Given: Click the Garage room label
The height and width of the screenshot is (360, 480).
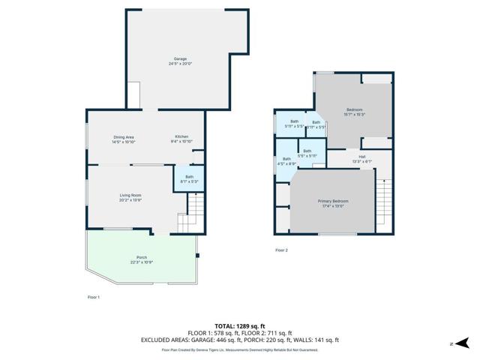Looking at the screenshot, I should [x=180, y=61].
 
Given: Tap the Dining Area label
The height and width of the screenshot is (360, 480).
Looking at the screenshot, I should [x=123, y=139].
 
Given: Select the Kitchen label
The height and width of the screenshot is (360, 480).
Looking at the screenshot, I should [x=182, y=139].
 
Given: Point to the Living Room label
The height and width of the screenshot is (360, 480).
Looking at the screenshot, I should [x=130, y=197].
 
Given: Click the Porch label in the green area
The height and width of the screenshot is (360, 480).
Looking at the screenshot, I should [x=142, y=259].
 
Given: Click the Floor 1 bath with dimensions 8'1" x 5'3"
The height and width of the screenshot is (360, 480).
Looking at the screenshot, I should [x=189, y=178].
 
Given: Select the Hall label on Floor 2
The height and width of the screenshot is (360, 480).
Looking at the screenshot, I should [x=361, y=158].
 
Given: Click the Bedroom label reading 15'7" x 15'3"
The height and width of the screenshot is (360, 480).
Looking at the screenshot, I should [x=354, y=112].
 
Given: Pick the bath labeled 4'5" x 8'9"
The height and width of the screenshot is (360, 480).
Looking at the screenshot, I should [x=286, y=160].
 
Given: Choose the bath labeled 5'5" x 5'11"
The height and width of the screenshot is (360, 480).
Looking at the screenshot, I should [x=307, y=153].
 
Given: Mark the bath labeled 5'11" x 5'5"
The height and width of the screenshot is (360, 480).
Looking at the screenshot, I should [x=294, y=124].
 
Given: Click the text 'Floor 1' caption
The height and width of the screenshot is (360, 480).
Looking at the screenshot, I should [x=94, y=298].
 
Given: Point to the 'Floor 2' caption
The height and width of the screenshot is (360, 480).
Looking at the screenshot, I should [x=281, y=250].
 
